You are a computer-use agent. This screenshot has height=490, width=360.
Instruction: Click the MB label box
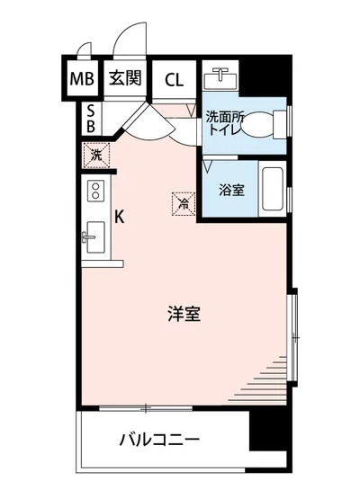[83, 79]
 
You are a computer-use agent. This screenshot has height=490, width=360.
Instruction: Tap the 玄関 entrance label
[126, 78]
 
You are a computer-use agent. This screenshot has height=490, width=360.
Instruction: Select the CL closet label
[174, 79]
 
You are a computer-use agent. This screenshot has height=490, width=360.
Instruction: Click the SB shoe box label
[91, 117]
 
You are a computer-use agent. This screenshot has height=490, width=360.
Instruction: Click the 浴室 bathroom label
[231, 190]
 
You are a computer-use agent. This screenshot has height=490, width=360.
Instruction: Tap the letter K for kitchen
[119, 216]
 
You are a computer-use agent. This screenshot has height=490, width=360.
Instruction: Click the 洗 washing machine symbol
[96, 154]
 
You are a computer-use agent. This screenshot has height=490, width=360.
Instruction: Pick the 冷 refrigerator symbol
[183, 203]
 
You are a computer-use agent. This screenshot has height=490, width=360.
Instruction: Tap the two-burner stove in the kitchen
[94, 191]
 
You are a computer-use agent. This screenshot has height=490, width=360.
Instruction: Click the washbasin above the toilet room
[219, 78]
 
